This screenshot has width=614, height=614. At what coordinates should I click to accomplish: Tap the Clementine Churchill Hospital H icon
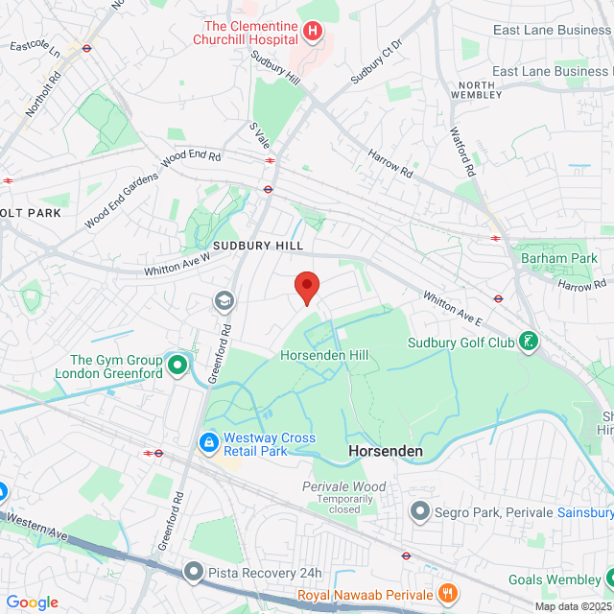312,32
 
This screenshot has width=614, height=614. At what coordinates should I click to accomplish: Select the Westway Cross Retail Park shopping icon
207,443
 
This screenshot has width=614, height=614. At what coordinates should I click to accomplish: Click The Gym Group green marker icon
177,365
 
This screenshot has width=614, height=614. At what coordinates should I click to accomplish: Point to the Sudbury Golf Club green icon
528,342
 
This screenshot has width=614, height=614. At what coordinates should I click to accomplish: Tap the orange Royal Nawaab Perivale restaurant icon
446,592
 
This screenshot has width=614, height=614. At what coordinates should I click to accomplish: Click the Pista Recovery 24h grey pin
194,573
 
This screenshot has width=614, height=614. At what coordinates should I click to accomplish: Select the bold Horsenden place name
384,451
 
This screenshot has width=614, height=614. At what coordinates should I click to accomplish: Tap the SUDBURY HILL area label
258,246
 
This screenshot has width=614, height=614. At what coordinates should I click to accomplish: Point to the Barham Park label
559,258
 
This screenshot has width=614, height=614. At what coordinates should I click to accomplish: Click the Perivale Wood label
343,487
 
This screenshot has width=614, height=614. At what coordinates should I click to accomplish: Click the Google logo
32,602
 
